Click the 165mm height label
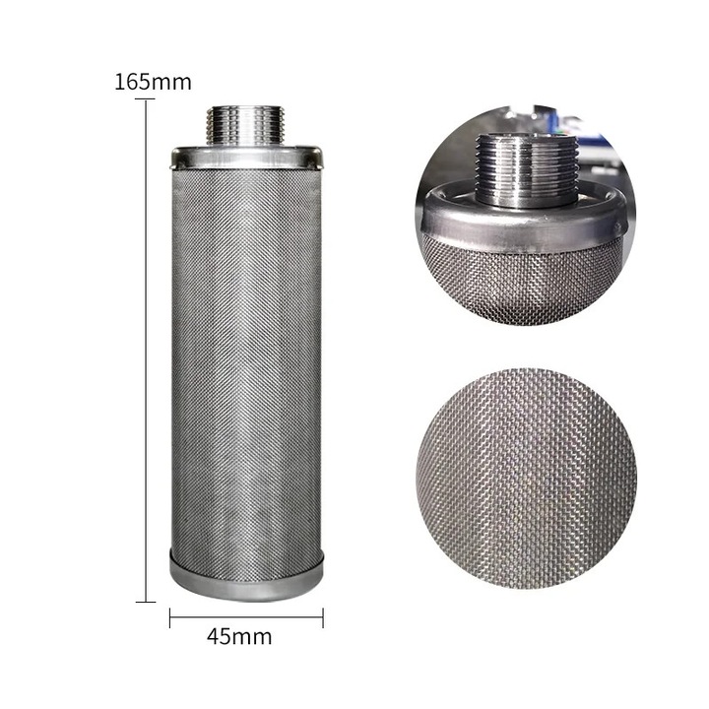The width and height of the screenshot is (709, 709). pos(153,82)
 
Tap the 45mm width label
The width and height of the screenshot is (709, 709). pos(239,637)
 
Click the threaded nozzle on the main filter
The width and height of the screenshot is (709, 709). pos(245,125)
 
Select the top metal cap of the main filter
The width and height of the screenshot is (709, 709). pos(246,157)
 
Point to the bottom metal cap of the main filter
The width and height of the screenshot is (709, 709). pos(246,575)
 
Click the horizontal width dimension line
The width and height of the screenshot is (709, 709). pos(246,616)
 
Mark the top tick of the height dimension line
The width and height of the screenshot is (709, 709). pos(146,99)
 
